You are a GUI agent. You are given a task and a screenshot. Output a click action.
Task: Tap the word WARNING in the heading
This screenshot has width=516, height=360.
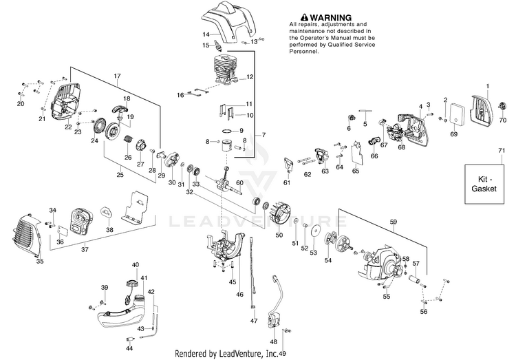coord(327,17)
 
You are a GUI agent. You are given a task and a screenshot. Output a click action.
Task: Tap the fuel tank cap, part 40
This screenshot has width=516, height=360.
coord(131,283)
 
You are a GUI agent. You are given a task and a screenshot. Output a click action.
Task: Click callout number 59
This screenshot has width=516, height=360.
coord(394,221)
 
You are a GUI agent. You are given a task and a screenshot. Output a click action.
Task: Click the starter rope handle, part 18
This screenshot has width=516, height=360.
coord(124,110)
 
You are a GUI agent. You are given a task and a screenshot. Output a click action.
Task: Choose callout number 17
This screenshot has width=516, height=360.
coord(117,75)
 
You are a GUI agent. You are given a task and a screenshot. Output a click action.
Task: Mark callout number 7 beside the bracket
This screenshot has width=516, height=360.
coord(263,135)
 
